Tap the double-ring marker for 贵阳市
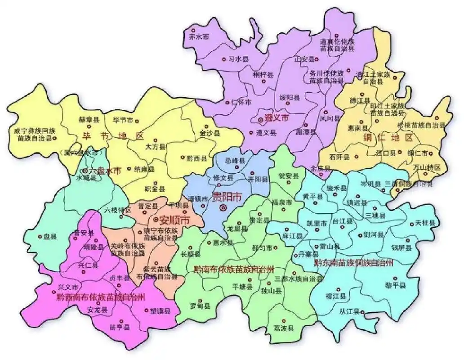click(x=223, y=207)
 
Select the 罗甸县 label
click(x=200, y=306)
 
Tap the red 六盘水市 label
click(x=105, y=171)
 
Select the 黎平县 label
click(x=396, y=286)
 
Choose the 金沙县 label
click(x=210, y=134)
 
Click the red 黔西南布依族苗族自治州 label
click(x=101, y=297)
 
